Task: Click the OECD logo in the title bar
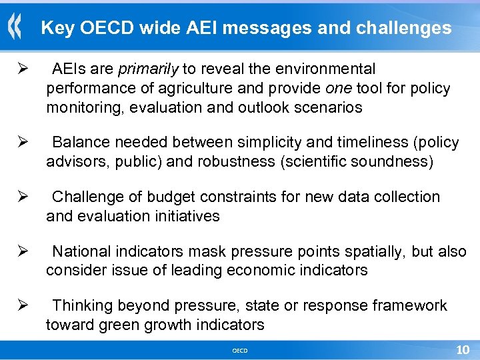point(15,28)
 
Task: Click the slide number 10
point(462,350)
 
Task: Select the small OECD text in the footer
point(239,351)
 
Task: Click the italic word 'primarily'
point(148,69)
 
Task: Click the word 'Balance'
point(79,143)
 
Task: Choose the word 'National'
point(81,251)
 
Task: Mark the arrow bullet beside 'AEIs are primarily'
point(21,69)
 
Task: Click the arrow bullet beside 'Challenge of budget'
point(21,197)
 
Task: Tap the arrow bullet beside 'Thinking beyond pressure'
point(21,306)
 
